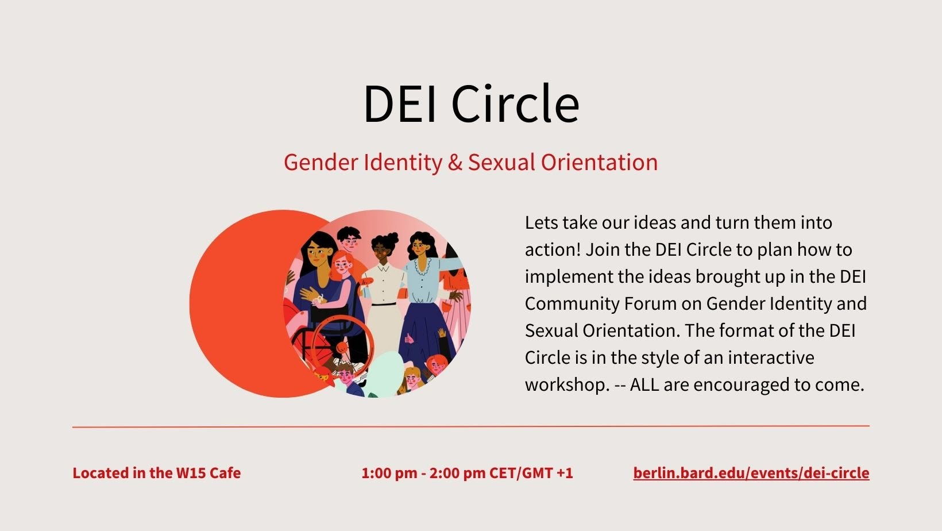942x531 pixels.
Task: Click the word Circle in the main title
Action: (515, 103)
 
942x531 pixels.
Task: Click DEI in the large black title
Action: (400, 103)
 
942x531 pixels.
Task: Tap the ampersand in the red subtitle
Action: (455, 163)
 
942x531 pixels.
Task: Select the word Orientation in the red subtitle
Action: (599, 163)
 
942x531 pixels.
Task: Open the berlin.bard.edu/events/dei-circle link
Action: (751, 473)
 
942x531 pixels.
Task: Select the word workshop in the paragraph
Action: (567, 385)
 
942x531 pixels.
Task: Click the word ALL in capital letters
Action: (644, 384)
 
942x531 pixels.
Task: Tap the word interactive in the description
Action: (771, 357)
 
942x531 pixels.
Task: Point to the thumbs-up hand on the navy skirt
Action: (409, 338)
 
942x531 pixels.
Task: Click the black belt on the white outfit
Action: (383, 304)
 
